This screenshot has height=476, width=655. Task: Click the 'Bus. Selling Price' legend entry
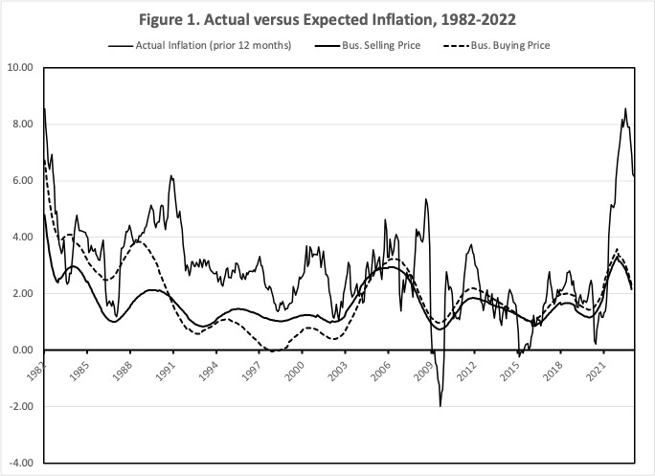(x=383, y=45)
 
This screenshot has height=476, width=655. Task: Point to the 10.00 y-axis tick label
(x=20, y=68)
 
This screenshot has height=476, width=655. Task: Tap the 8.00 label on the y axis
(x=22, y=125)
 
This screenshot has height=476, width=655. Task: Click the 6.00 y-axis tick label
(x=22, y=181)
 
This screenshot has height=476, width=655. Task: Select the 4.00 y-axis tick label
(x=22, y=238)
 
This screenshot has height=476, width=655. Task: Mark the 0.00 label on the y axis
(x=22, y=351)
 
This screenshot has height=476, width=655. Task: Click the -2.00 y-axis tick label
(x=20, y=407)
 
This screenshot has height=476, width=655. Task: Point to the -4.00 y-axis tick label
(x=20, y=464)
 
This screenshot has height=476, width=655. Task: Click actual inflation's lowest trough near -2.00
(x=440, y=406)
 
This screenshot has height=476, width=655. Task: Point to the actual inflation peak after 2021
(x=625, y=108)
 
